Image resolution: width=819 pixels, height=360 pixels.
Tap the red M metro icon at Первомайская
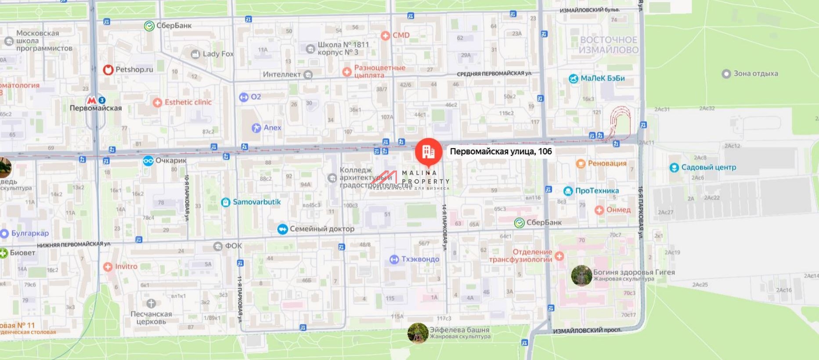tap(92, 100)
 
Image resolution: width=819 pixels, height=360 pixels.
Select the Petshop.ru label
tap(134, 69)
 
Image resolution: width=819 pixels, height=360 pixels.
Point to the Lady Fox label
tap(218, 54)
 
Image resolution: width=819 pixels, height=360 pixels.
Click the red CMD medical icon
tap(385, 36)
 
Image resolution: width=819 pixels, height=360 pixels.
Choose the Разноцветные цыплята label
tap(379, 71)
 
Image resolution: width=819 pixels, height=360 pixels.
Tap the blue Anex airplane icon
tap(256, 128)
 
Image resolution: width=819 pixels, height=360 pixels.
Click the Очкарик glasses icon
tap(148, 160)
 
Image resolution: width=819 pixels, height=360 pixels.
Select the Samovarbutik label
tap(256, 202)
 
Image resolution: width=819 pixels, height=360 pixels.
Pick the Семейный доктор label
tap(321, 229)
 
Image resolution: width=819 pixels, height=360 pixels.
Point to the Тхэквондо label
tap(420, 259)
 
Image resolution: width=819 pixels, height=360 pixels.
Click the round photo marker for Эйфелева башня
tap(418, 333)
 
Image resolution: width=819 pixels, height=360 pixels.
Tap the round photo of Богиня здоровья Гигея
tap(581, 275)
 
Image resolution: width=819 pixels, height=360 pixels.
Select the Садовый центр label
tap(708, 167)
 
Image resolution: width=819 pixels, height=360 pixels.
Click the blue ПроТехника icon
tap(568, 191)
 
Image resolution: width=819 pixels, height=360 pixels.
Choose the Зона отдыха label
tap(755, 73)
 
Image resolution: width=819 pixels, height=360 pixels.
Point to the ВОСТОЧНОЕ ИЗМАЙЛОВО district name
tap(608, 45)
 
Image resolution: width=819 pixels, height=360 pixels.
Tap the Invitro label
tap(126, 266)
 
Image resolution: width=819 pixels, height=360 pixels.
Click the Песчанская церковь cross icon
tap(151, 303)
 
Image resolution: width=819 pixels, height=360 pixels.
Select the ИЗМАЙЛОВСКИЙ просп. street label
tap(587, 331)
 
